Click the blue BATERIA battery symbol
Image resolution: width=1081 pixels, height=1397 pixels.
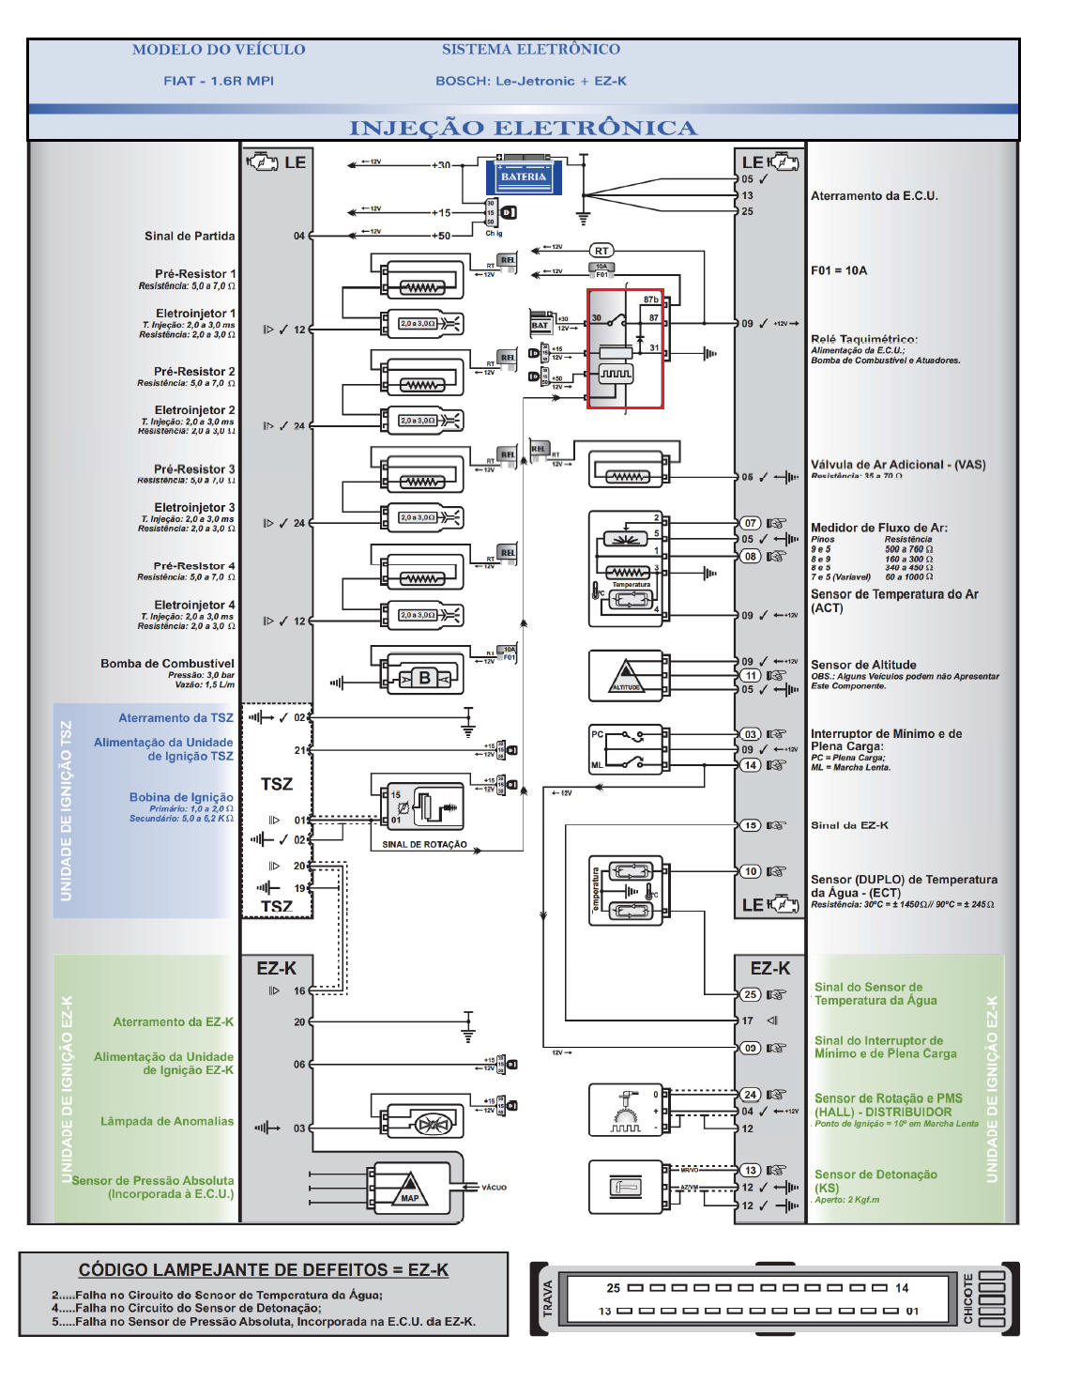[523, 177]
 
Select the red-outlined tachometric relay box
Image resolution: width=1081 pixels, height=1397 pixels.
[625, 348]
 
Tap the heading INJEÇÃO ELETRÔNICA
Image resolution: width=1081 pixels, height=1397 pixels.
[523, 129]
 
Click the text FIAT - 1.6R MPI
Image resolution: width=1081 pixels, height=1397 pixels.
[219, 81]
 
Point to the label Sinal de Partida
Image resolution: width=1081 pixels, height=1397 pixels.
[190, 236]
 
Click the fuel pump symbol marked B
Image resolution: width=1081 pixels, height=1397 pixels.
[424, 678]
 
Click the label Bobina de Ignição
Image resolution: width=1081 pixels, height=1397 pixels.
[181, 797]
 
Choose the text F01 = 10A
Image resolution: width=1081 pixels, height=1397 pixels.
[839, 270]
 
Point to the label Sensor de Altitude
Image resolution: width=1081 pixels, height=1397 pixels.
[863, 665]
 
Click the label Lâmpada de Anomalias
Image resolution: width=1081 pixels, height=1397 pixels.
[167, 1121]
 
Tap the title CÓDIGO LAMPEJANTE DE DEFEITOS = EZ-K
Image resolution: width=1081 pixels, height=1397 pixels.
[263, 1270]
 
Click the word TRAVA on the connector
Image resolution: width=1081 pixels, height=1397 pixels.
[548, 1299]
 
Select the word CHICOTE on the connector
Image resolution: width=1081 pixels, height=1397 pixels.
[967, 1299]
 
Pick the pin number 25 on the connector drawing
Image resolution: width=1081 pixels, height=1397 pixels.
[613, 1288]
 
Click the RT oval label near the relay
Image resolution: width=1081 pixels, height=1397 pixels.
[601, 251]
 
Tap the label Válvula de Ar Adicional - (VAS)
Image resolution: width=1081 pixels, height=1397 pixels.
[898, 465]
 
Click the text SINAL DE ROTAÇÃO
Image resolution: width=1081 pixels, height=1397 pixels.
[424, 844]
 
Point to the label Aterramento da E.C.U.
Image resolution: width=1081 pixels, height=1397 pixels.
[874, 196]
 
